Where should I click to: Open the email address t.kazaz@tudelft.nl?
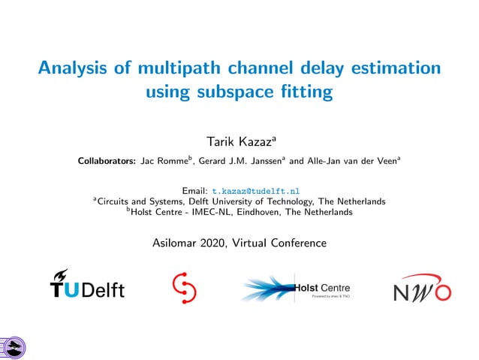click(256, 191)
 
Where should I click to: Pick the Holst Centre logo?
click(296, 289)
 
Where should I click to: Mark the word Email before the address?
click(195, 191)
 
